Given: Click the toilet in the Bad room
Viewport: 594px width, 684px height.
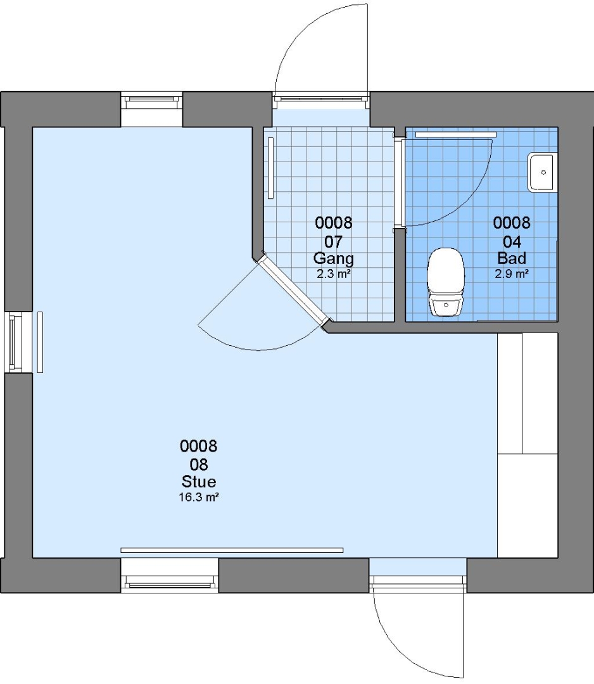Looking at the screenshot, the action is (x=446, y=282).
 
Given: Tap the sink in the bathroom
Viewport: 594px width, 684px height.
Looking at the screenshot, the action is (x=543, y=172).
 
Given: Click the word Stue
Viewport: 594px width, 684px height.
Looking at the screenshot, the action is (x=199, y=481).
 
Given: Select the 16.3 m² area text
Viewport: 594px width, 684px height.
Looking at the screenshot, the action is (x=199, y=497).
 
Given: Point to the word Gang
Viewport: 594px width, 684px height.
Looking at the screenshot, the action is (x=334, y=258).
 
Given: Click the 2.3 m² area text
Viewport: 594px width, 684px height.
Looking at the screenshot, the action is (x=334, y=274).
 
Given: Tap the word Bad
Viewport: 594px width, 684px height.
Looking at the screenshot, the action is (x=512, y=258).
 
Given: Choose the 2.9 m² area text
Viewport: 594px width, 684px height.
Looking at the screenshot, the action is (x=512, y=274).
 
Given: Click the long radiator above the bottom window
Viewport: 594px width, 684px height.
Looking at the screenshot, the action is (x=232, y=550).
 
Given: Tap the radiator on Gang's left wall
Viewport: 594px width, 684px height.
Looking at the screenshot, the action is (x=271, y=168).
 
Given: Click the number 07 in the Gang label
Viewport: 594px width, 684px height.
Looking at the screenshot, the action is (x=334, y=241).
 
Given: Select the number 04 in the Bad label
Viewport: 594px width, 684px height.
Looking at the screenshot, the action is (x=512, y=241).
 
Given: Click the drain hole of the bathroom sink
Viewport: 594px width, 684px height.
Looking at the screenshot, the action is (x=543, y=172).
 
